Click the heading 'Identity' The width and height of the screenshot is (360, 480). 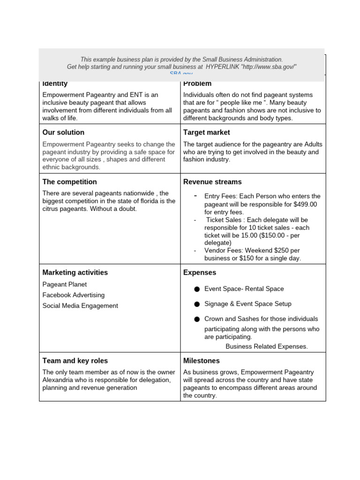pyautogui.click(x=55, y=83)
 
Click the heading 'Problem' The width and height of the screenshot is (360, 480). pyautogui.click(x=197, y=83)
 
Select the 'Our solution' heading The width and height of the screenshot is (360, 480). pyautogui.click(x=63, y=132)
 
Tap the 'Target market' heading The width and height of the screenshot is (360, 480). pyautogui.click(x=206, y=132)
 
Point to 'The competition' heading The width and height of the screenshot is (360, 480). pyautogui.click(x=69, y=182)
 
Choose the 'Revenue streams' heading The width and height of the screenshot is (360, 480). pyautogui.click(x=212, y=182)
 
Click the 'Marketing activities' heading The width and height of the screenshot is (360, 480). pyautogui.click(x=75, y=272)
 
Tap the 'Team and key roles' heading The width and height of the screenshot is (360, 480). pyautogui.click(x=75, y=361)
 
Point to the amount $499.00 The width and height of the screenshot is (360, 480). pyautogui.click(x=305, y=204)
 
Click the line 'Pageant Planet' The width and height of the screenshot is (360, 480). pyautogui.click(x=65, y=284)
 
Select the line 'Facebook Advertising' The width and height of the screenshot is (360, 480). pyautogui.click(x=74, y=295)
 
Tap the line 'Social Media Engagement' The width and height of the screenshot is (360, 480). pyautogui.click(x=80, y=306)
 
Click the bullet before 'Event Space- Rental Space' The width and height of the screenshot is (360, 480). pyautogui.click(x=197, y=289)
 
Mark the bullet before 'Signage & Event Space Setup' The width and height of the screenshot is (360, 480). pyautogui.click(x=197, y=304)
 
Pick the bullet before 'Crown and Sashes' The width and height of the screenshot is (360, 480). pyautogui.click(x=197, y=319)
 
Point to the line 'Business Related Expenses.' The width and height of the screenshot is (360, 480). pyautogui.click(x=267, y=346)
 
